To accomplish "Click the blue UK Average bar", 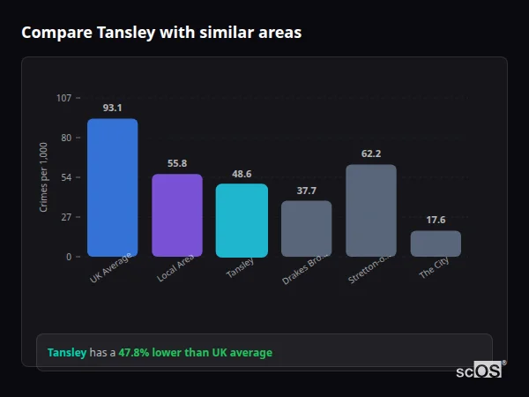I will point(112,187).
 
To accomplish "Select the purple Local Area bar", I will point(177,215).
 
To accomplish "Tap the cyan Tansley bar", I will point(242,221).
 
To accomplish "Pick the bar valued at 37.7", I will point(306,228).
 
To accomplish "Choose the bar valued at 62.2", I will point(371,211).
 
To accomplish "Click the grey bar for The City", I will point(436,243).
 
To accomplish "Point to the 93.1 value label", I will point(112,108).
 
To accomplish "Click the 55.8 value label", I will point(177,163).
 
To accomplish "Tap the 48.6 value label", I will point(242,174).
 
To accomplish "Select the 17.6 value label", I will point(436,220).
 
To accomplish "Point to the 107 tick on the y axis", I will point(63,98).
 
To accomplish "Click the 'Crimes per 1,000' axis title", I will point(44,176).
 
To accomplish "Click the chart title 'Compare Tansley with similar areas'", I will point(161,33).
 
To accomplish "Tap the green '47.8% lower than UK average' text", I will point(196,353).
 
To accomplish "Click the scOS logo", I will point(479,371).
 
